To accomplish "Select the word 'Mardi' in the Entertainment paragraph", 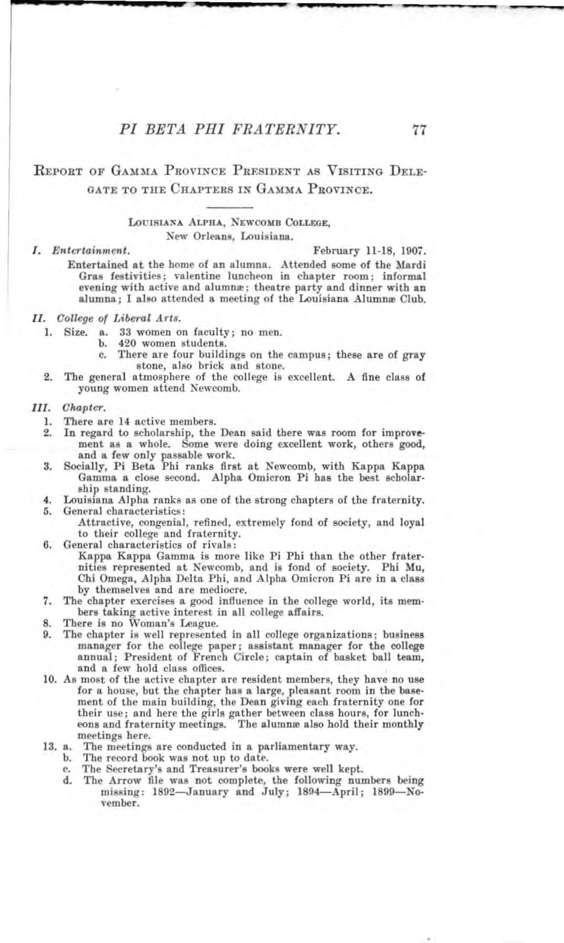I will [413, 265].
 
